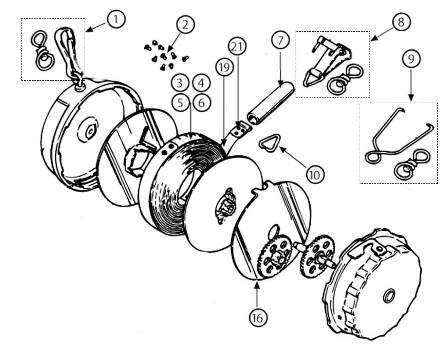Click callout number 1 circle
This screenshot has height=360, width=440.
coord(116,19)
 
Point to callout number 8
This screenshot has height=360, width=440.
coord(401,22)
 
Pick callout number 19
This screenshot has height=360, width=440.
coord(225,67)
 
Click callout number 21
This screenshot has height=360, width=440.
coord(237,46)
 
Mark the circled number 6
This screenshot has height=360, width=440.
coord(202,102)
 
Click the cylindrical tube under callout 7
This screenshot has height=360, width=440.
coord(270,104)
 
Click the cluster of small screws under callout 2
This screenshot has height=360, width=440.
coord(165,56)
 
